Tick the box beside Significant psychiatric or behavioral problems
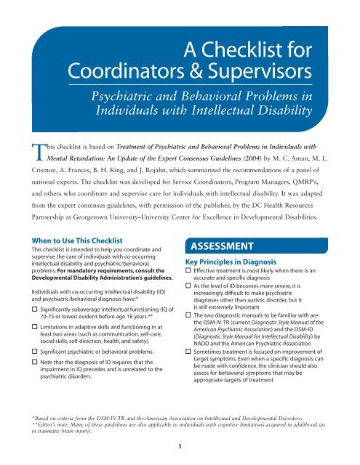(28, 361)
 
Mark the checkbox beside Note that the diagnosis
(28, 375)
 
